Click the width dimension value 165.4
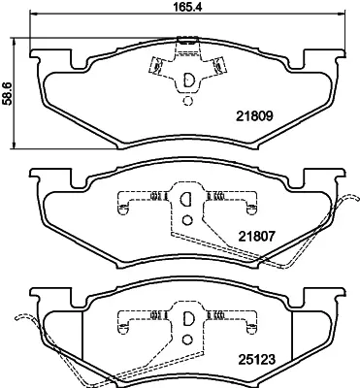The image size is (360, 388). click(188, 7)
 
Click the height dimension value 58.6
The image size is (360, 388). click(8, 93)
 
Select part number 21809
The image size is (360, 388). click(255, 115)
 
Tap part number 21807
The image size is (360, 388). click(256, 237)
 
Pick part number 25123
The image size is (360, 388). click(256, 359)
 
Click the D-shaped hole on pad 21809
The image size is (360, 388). click(188, 80)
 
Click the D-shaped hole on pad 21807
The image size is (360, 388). click(185, 199)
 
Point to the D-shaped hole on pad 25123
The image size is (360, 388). click(187, 318)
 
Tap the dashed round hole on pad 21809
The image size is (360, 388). click(187, 101)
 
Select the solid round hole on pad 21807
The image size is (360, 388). click(187, 220)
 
